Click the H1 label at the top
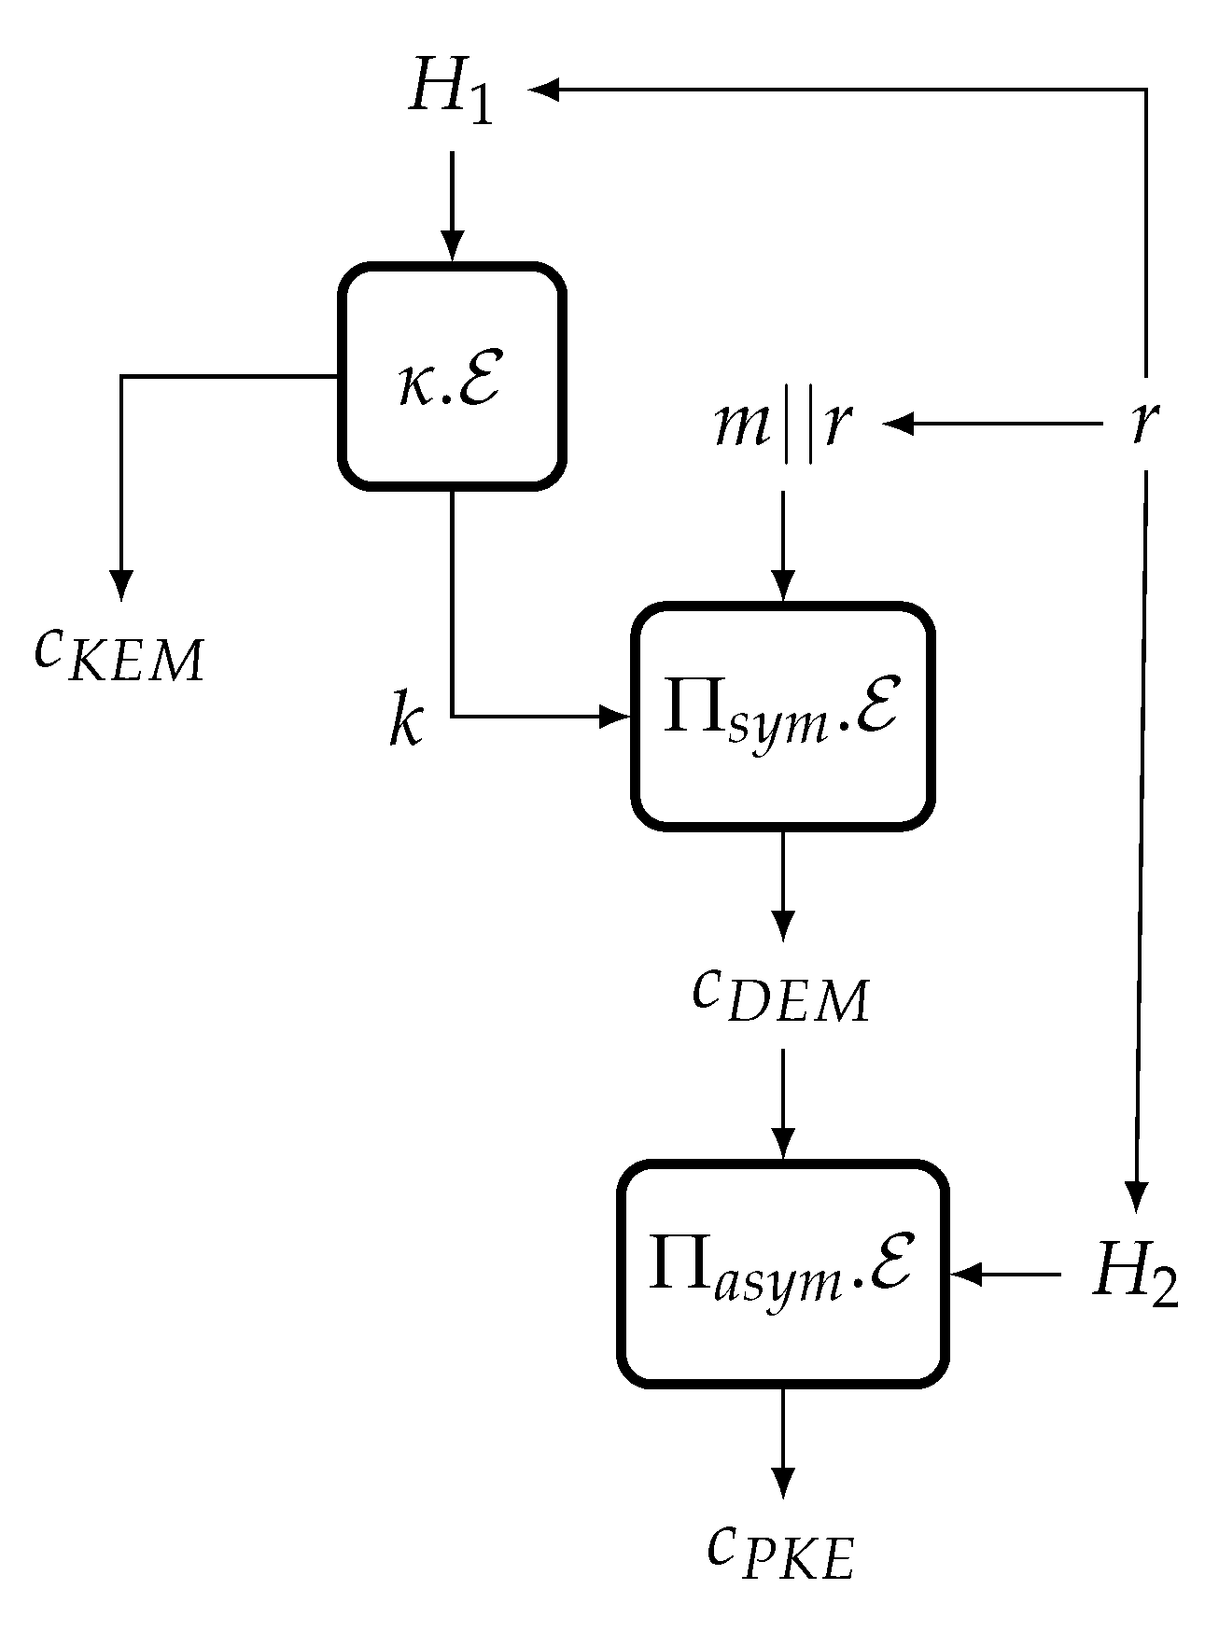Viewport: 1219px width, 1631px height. (449, 94)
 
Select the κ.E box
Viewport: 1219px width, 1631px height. (452, 376)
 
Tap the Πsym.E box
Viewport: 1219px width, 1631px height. (782, 716)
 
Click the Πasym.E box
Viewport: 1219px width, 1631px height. (782, 1274)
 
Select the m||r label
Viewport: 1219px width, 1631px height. (781, 425)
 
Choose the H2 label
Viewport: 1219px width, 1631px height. (1135, 1275)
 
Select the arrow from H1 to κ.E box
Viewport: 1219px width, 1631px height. (452, 205)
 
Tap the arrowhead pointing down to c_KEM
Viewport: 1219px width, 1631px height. (120, 586)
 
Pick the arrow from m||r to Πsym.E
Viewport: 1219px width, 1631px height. (782, 546)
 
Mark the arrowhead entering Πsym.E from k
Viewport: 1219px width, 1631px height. (616, 717)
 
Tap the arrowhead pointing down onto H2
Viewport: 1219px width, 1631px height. (1135, 1198)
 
